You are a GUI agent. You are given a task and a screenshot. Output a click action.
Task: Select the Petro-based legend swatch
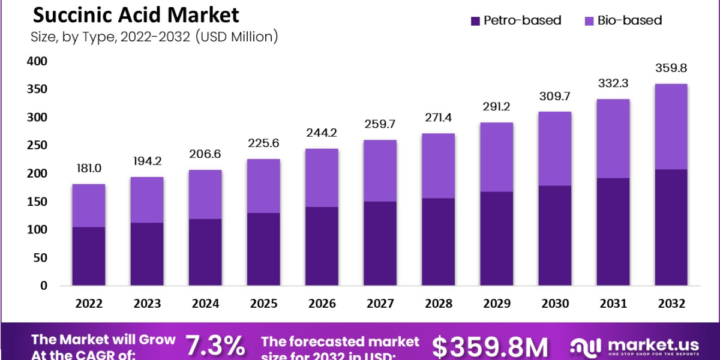point(475,20)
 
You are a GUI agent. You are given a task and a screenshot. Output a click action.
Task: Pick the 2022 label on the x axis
point(89,304)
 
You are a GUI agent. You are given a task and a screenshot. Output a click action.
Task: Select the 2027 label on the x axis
point(380,304)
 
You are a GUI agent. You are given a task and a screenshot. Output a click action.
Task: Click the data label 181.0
point(89,169)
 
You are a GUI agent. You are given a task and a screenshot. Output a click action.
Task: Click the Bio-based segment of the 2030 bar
point(554,148)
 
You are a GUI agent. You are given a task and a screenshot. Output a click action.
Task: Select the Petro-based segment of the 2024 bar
point(205,252)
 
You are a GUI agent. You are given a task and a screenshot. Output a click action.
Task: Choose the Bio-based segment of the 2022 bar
point(89,205)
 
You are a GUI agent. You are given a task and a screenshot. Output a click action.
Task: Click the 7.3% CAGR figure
point(215,347)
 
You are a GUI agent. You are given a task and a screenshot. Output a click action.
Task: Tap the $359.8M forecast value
point(490,347)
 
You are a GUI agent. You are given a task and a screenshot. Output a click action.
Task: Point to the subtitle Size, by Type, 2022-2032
point(154,37)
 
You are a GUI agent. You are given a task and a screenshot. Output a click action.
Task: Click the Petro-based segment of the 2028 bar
point(438,242)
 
